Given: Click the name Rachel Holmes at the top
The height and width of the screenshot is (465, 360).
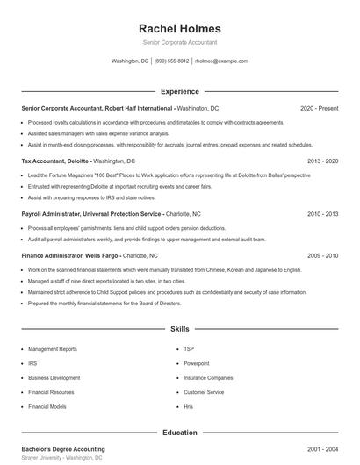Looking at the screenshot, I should tap(180, 28).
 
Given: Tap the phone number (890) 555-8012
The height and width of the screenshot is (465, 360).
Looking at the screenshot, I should tap(171, 61).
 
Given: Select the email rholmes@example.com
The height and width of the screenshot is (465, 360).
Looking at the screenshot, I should tap(221, 61).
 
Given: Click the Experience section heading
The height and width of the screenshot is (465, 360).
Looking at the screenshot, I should tap(180, 91).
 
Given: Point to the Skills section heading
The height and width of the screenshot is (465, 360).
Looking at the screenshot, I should tap(180, 329).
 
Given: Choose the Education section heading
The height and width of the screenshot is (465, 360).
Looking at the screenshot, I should tap(180, 433).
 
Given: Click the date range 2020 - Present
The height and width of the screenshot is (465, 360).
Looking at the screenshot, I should tap(319, 108).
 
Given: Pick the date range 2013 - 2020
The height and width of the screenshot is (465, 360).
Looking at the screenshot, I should tap(322, 161).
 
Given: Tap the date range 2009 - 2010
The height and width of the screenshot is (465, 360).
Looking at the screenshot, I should tap(322, 255).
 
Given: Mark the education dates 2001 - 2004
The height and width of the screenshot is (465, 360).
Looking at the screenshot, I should tap(322, 449).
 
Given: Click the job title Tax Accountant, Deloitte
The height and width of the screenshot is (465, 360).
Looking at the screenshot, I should tap(54, 161).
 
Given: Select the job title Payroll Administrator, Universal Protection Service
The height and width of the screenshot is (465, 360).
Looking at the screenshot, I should tap(91, 213).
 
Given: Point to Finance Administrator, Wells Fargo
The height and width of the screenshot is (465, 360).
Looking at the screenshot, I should tap(70, 255).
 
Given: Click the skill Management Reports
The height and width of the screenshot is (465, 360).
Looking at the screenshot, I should tap(52, 348).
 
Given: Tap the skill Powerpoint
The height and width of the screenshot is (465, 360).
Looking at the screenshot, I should tap(197, 362).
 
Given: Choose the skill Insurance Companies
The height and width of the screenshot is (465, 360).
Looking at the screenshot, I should tap(208, 377).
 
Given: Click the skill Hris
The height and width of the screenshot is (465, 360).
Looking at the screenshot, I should tap(189, 407).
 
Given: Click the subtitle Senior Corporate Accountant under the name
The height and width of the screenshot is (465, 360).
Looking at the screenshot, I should tap(180, 42).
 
